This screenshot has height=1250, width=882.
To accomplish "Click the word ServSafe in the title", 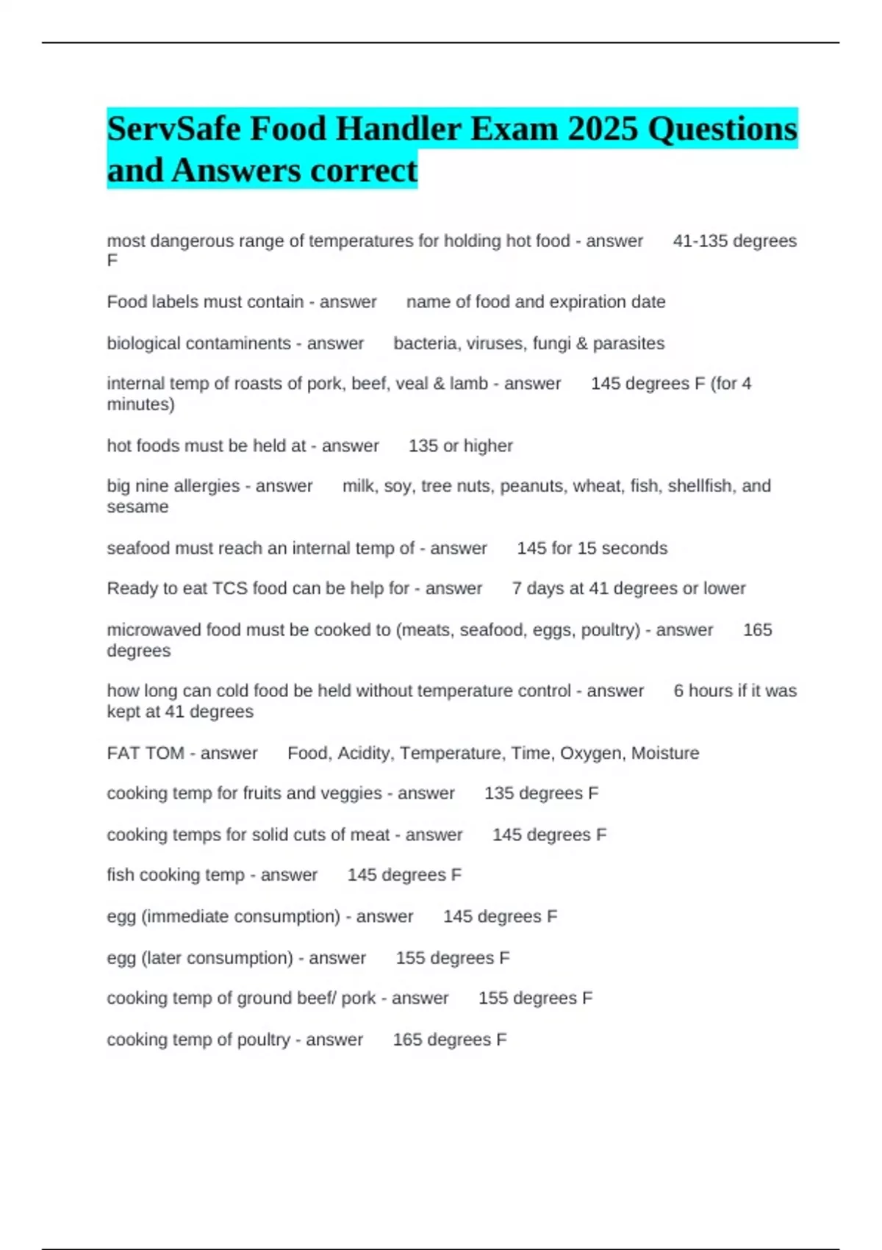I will (173, 129).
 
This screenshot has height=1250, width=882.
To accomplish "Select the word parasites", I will (628, 343).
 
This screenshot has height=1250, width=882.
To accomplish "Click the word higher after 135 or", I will (488, 446).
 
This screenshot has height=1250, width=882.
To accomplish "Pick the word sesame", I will (137, 507).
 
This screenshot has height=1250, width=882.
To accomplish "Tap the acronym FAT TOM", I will (146, 753).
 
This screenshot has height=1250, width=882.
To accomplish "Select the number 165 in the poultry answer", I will (407, 1040).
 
